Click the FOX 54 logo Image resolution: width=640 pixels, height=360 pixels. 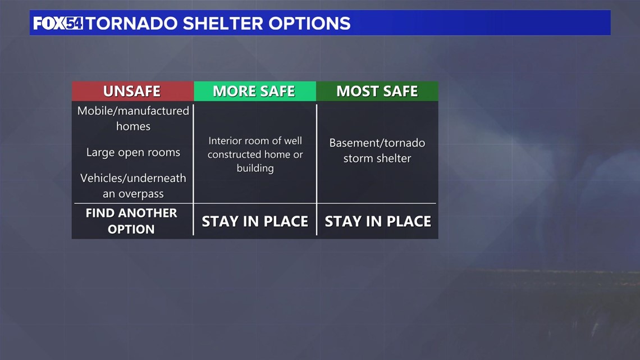58,23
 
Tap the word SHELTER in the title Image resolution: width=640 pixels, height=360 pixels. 223,23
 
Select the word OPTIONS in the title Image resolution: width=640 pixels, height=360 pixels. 309,23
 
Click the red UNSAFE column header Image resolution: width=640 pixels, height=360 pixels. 132,91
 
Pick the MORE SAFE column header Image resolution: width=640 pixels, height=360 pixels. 255,91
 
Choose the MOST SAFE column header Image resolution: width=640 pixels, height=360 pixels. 377,91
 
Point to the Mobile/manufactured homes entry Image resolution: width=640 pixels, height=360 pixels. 133,119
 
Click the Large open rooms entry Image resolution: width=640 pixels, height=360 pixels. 133,152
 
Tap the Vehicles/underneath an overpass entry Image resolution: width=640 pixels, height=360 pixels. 133,186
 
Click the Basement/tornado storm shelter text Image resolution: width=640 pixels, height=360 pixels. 377,150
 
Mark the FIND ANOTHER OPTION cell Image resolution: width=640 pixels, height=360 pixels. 131,221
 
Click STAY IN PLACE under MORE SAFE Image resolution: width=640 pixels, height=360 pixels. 255,221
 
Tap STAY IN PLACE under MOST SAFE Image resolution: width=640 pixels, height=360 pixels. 378,221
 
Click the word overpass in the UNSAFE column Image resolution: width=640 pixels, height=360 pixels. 141,194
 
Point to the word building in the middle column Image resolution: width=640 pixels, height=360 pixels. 255,168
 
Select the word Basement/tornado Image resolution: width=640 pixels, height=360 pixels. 377,143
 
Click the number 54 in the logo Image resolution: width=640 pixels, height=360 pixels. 74,23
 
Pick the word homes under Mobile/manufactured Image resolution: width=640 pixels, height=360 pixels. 133,126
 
